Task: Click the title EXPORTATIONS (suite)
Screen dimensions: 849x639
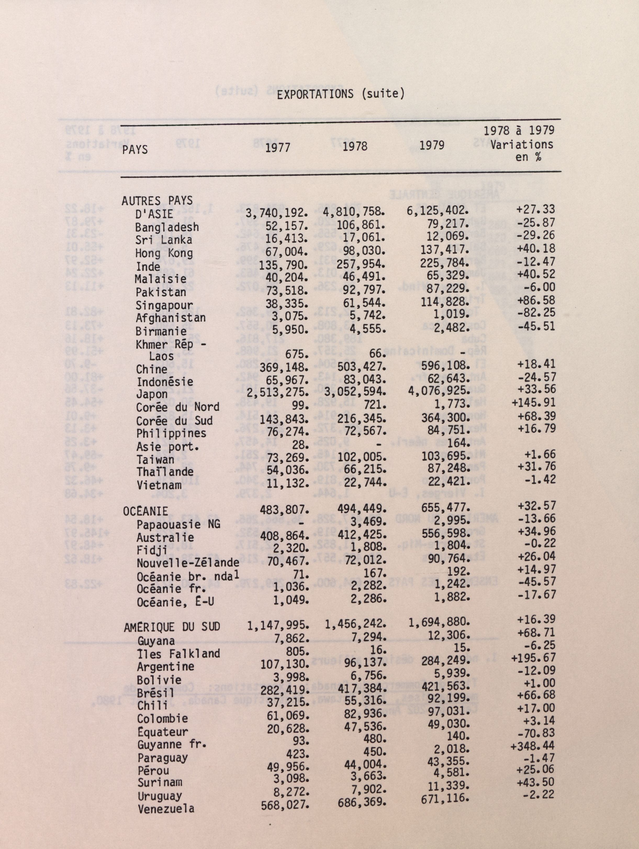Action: coord(341,94)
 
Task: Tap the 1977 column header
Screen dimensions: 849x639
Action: coord(278,148)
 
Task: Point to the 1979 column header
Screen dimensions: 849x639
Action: coord(432,145)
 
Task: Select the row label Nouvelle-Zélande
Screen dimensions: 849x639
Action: coord(188,563)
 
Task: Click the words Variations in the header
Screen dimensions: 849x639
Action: coord(522,145)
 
